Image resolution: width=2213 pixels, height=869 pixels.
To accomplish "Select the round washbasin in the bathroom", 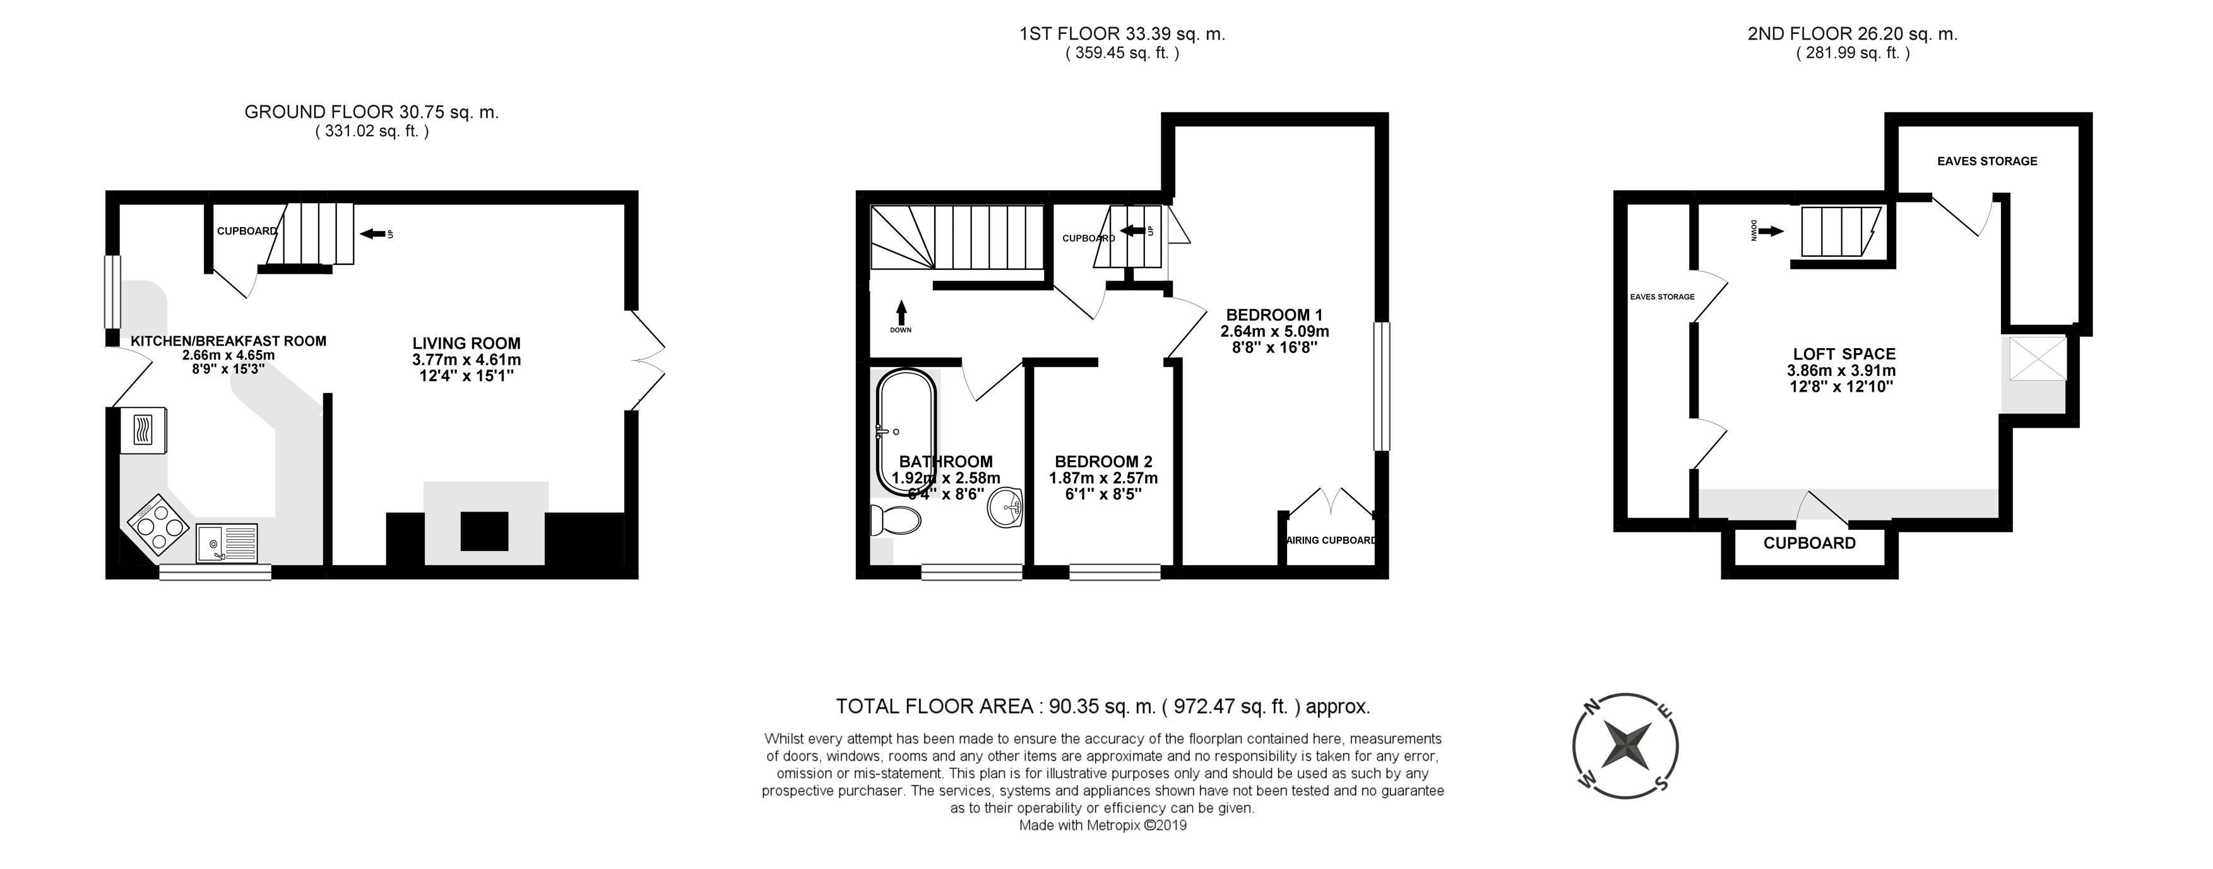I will (x=1005, y=508).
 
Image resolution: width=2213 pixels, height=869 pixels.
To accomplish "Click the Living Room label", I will (x=466, y=344).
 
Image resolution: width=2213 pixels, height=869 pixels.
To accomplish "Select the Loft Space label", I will (x=1844, y=354).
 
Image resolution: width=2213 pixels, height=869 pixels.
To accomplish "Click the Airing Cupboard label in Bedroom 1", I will (x=1332, y=540).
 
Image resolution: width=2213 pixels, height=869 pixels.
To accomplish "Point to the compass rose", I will (x=1625, y=745).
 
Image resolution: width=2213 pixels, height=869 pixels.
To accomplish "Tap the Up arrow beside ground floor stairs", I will (x=373, y=233).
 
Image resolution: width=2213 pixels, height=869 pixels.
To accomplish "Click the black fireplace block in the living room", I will (x=485, y=531).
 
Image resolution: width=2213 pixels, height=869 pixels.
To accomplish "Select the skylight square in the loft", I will (x=2037, y=358).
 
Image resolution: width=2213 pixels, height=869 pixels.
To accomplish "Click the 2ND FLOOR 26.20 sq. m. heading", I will (x=1852, y=34).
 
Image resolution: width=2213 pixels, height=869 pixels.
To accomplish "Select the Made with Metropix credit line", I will (x=1102, y=825).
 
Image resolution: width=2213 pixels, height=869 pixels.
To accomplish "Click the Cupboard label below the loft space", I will (x=1809, y=543).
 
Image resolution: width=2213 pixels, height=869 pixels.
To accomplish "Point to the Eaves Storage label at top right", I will (x=1986, y=161).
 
